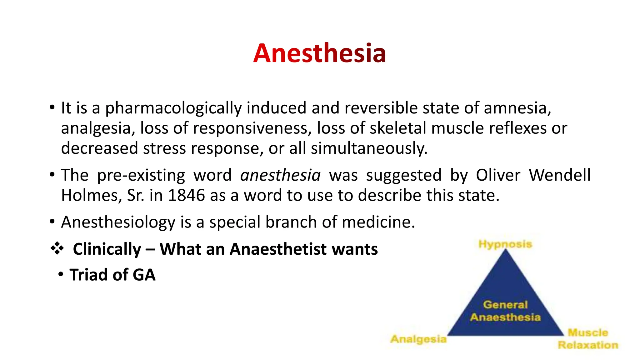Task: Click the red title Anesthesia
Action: tap(319, 53)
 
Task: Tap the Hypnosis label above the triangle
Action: tap(505, 244)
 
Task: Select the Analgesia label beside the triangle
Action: tap(418, 339)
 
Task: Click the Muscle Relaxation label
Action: tap(588, 339)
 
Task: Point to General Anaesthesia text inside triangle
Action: tap(505, 311)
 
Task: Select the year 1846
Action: tap(186, 195)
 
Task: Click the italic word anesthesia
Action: tap(280, 175)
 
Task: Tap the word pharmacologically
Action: tap(173, 108)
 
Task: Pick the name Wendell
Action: tap(559, 175)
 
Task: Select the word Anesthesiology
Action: tap(118, 222)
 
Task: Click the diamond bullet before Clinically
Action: tap(57, 249)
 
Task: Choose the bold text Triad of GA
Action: tap(112, 275)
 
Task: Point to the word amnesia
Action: tap(517, 108)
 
